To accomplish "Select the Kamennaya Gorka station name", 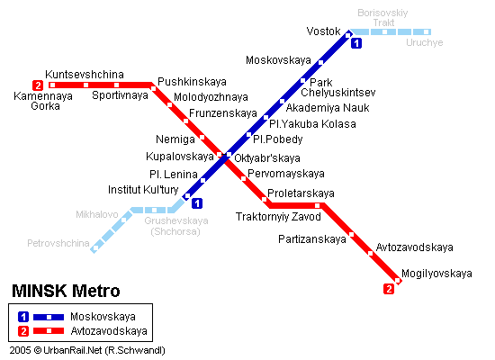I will click(x=37, y=100).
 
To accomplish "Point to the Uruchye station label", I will click(x=424, y=42).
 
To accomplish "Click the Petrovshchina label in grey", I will click(x=58, y=243).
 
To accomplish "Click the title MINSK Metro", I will click(x=65, y=292).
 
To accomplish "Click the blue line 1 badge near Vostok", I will click(x=357, y=43).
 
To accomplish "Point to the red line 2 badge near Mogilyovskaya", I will click(x=389, y=289).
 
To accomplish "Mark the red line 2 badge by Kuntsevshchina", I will click(x=37, y=85).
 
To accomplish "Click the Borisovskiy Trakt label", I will click(x=383, y=19).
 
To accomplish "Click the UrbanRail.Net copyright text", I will click(x=86, y=349).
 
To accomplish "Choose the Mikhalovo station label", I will click(x=97, y=215).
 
